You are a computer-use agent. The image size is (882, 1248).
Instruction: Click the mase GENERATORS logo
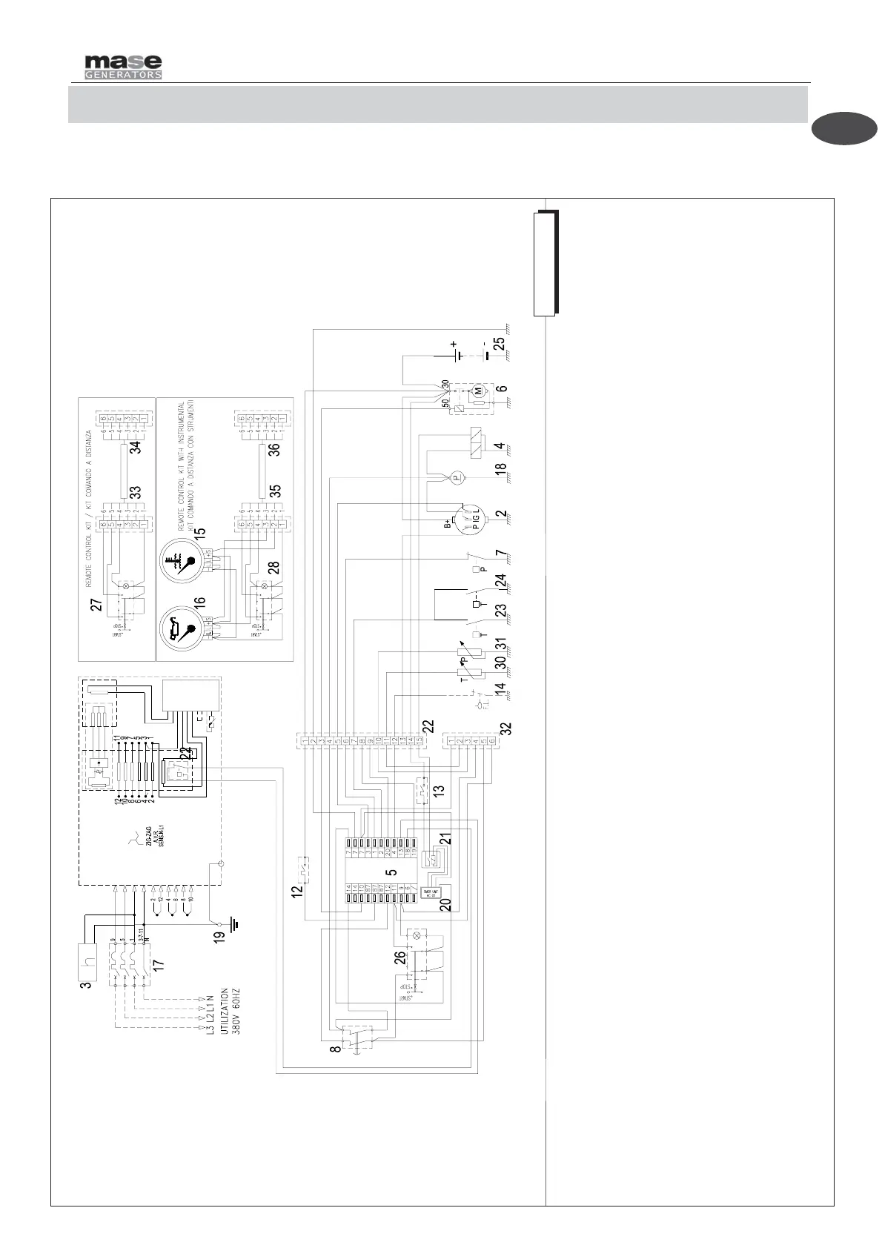coord(122,66)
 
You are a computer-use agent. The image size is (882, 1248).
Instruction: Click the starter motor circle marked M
coord(479,390)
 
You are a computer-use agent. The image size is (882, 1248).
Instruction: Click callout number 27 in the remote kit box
coord(96,605)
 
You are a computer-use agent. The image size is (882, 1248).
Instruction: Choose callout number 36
coord(274,448)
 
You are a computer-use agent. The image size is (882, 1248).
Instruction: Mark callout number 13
coord(440,791)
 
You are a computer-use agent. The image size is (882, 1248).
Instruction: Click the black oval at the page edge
coord(843,128)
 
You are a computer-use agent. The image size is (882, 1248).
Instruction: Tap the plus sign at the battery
coord(453,344)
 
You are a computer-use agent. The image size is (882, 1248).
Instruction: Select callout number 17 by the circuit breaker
coord(158,965)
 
